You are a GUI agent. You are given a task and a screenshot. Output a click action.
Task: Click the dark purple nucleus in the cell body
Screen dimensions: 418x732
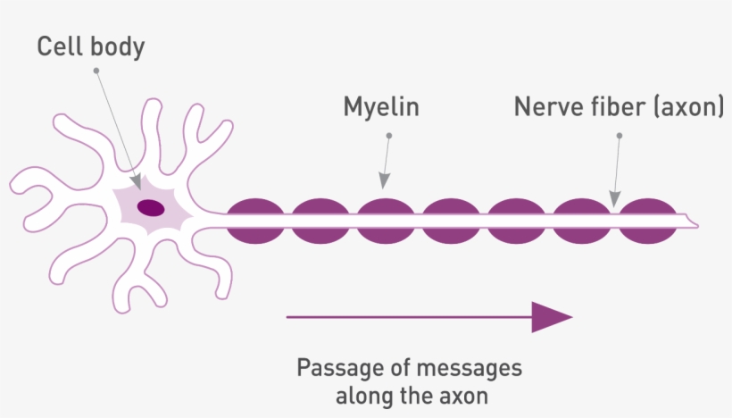150,208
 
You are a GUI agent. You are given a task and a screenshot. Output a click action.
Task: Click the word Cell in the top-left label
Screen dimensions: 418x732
61,46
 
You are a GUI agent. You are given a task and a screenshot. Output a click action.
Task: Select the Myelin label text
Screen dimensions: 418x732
381,107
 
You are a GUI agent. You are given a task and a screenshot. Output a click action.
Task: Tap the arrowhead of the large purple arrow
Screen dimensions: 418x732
551,317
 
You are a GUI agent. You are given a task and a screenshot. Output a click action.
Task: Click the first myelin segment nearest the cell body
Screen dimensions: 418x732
256,221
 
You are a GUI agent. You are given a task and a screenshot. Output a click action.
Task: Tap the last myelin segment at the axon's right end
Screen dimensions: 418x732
649,221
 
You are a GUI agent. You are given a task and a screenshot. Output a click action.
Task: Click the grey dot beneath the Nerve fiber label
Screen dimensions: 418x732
620,136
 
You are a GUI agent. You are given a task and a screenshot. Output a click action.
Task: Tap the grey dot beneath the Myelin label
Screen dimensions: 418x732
388,136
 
